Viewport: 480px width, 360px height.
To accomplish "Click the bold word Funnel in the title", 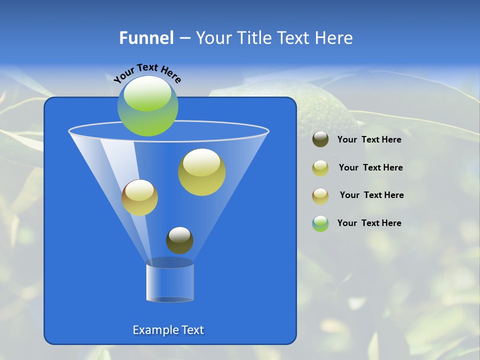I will point(146,38).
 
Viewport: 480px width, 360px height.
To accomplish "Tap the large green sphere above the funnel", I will point(148,106).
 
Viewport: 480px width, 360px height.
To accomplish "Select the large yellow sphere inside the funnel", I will point(201,172).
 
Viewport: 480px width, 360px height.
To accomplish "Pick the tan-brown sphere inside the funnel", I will point(139,197).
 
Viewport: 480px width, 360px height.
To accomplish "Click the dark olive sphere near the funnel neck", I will point(179,240).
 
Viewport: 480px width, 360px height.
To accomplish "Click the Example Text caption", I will point(168,330).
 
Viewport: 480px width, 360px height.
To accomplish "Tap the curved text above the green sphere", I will point(147,73).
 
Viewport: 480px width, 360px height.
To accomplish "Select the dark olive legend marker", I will point(320,139).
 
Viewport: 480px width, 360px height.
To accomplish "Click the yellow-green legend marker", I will point(320,167).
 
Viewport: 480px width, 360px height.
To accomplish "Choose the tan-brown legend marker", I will point(320,195).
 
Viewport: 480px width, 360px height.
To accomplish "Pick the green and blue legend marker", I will point(320,223).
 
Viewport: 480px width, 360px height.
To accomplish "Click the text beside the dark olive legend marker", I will point(369,139).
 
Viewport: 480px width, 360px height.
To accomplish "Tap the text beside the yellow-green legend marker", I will point(370,167).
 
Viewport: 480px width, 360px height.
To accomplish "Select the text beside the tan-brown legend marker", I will point(371,195).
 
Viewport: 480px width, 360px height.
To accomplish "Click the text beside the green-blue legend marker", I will point(369,223).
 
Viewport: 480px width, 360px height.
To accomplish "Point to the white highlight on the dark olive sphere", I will point(179,234).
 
